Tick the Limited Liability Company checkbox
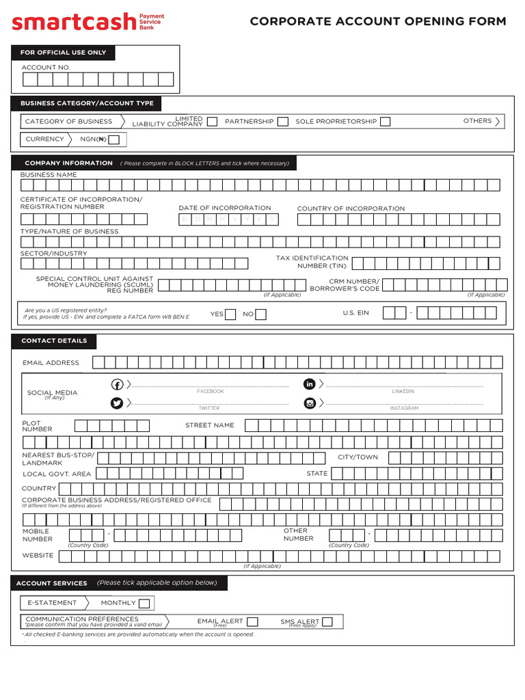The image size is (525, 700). click(x=212, y=122)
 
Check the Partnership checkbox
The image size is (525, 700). click(x=282, y=122)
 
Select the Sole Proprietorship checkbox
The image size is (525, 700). click(x=386, y=122)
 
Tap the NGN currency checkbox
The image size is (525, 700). click(x=114, y=139)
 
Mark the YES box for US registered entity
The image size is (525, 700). click(x=230, y=314)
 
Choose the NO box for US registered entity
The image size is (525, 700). click(x=260, y=314)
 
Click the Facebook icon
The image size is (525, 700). click(x=117, y=384)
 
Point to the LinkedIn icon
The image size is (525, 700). click(x=310, y=384)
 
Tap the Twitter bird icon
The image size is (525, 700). click(x=117, y=403)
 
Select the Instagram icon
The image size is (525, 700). click(x=310, y=403)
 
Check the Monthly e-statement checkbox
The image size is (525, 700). click(x=144, y=603)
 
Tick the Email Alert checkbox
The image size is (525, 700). click(x=252, y=621)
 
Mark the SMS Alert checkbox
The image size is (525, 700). click(x=327, y=621)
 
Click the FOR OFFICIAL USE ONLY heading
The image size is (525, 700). click(x=63, y=53)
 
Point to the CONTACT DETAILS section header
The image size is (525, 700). click(x=54, y=340)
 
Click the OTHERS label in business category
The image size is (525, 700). click(x=477, y=121)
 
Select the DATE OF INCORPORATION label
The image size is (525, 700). click(x=224, y=208)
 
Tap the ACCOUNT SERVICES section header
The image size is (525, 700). click(x=52, y=583)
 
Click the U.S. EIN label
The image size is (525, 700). click(x=355, y=312)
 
